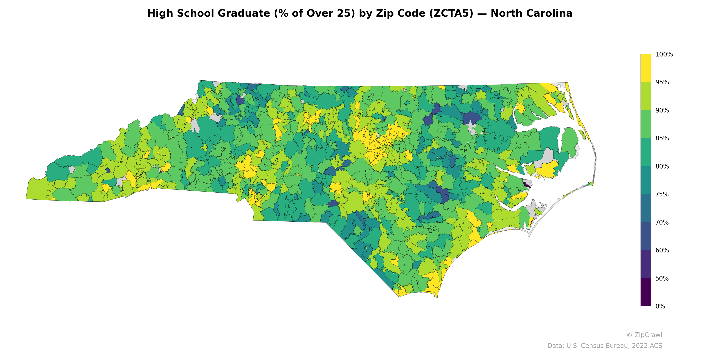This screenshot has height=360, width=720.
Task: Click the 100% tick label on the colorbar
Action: coord(664,54)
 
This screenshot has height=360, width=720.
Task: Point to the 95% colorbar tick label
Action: coord(662,82)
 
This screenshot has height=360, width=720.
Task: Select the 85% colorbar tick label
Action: coord(662,138)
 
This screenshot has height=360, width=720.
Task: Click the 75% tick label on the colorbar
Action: coord(662,194)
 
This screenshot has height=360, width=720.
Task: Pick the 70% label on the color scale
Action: coord(662,223)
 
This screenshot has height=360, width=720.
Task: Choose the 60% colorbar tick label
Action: coord(662,250)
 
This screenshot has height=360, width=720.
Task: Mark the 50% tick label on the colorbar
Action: coord(662,278)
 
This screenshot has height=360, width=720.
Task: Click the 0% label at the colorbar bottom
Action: coord(660,306)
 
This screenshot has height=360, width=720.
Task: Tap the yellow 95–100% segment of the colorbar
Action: coord(646,68)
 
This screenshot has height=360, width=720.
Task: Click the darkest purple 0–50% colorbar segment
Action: coord(646,292)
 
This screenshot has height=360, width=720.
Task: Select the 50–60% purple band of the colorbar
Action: coord(646,264)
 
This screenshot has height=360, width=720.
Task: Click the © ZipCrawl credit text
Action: coord(644,335)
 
